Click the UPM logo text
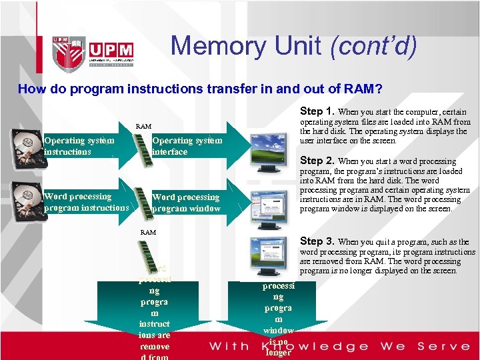111,50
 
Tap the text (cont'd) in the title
373,45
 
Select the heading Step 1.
317,111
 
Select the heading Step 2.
317,161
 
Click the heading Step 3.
317,241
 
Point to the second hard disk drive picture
26,201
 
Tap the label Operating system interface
187,146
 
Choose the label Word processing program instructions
86,202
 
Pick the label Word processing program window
186,203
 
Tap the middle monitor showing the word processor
270,204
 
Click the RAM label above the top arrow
143,126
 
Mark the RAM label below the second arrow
148,233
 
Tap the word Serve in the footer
443,346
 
